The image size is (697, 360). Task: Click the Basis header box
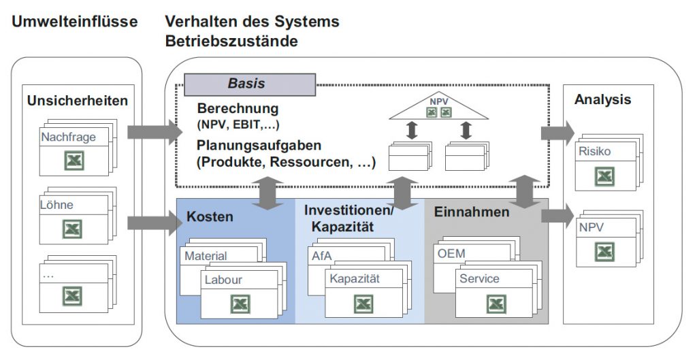tap(250, 84)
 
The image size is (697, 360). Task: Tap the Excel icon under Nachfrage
tap(74, 160)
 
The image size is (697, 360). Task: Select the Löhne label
tap(56, 205)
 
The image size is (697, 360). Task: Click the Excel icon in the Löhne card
tap(72, 229)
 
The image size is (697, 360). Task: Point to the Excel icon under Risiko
tap(604, 176)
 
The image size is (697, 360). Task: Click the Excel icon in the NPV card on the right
tap(604, 252)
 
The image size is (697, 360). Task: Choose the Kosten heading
tap(210, 216)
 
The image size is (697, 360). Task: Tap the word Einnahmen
tap(472, 212)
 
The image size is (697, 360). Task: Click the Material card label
tap(206, 256)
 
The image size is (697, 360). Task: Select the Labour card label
tap(223, 280)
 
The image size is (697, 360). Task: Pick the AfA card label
tap(322, 256)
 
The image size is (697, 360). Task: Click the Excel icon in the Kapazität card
tap(363, 304)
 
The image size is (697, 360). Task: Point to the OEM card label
tap(451, 254)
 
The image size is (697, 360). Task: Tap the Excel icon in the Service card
tap(496, 304)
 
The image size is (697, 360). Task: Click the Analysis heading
tap(602, 99)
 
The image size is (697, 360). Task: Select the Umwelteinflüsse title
tap(75, 21)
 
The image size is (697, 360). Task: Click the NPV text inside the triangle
tap(439, 102)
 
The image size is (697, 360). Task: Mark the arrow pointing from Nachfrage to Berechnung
tap(155, 132)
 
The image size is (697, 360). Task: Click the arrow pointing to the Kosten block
tap(155, 223)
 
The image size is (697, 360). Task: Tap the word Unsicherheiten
tap(78, 101)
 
